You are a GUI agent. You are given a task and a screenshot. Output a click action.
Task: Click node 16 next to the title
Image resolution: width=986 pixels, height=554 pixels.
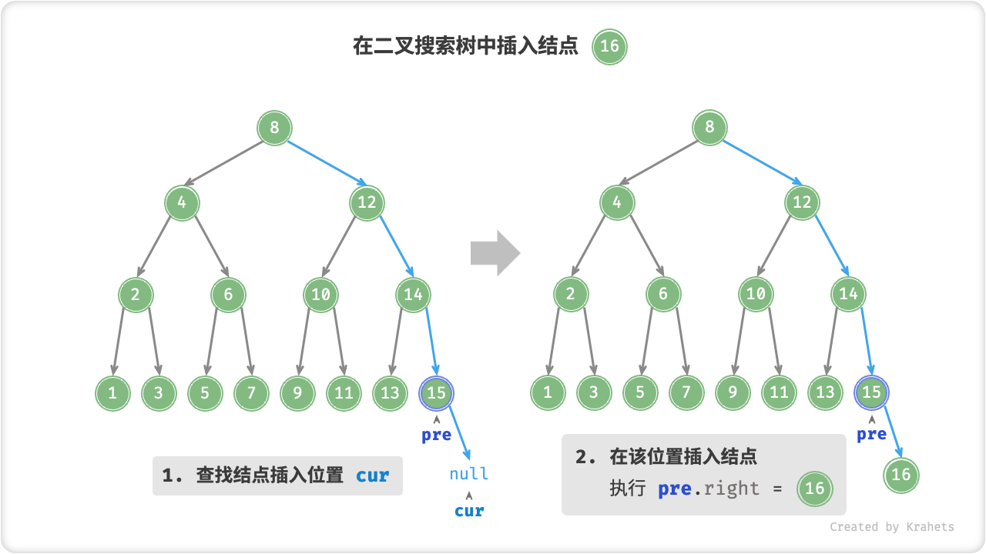pyautogui.click(x=609, y=46)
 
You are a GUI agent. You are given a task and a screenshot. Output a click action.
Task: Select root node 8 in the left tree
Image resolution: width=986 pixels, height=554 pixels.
pyautogui.click(x=274, y=127)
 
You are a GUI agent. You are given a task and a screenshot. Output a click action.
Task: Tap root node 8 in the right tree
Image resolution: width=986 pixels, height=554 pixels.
pyautogui.click(x=709, y=127)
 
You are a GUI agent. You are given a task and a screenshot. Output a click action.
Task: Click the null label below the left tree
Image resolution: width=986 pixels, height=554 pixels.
pyautogui.click(x=469, y=474)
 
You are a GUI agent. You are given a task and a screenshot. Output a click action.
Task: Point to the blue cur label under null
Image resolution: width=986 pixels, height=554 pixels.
pyautogui.click(x=469, y=511)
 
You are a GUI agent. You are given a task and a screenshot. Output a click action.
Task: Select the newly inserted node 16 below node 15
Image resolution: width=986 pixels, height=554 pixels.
pyautogui.click(x=900, y=474)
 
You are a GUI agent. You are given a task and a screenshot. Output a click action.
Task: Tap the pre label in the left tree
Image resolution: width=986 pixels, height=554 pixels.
pyautogui.click(x=436, y=436)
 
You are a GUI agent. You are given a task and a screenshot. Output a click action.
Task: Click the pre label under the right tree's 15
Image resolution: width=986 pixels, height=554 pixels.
pyautogui.click(x=871, y=435)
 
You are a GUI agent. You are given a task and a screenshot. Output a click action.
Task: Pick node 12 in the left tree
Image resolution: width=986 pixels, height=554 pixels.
pyautogui.click(x=367, y=202)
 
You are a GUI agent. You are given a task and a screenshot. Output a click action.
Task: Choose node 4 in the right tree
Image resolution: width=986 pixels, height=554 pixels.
pyautogui.click(x=617, y=202)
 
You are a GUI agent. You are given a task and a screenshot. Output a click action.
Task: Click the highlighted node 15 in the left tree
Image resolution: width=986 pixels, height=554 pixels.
pyautogui.click(x=436, y=393)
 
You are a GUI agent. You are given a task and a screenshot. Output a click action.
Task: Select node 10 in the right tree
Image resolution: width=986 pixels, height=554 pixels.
pyautogui.click(x=756, y=294)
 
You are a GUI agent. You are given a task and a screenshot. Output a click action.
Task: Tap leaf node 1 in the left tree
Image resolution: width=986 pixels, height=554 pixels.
pyautogui.click(x=112, y=393)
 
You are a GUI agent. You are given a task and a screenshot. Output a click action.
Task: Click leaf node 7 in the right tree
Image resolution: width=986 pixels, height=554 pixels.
pyautogui.click(x=686, y=393)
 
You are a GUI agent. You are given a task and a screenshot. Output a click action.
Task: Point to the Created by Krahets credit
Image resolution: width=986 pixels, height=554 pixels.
pyautogui.click(x=891, y=527)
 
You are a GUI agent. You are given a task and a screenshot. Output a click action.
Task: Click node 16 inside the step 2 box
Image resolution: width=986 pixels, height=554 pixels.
pyautogui.click(x=814, y=488)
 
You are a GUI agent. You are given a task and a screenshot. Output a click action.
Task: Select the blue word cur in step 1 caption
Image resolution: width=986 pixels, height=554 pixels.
pyautogui.click(x=373, y=476)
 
